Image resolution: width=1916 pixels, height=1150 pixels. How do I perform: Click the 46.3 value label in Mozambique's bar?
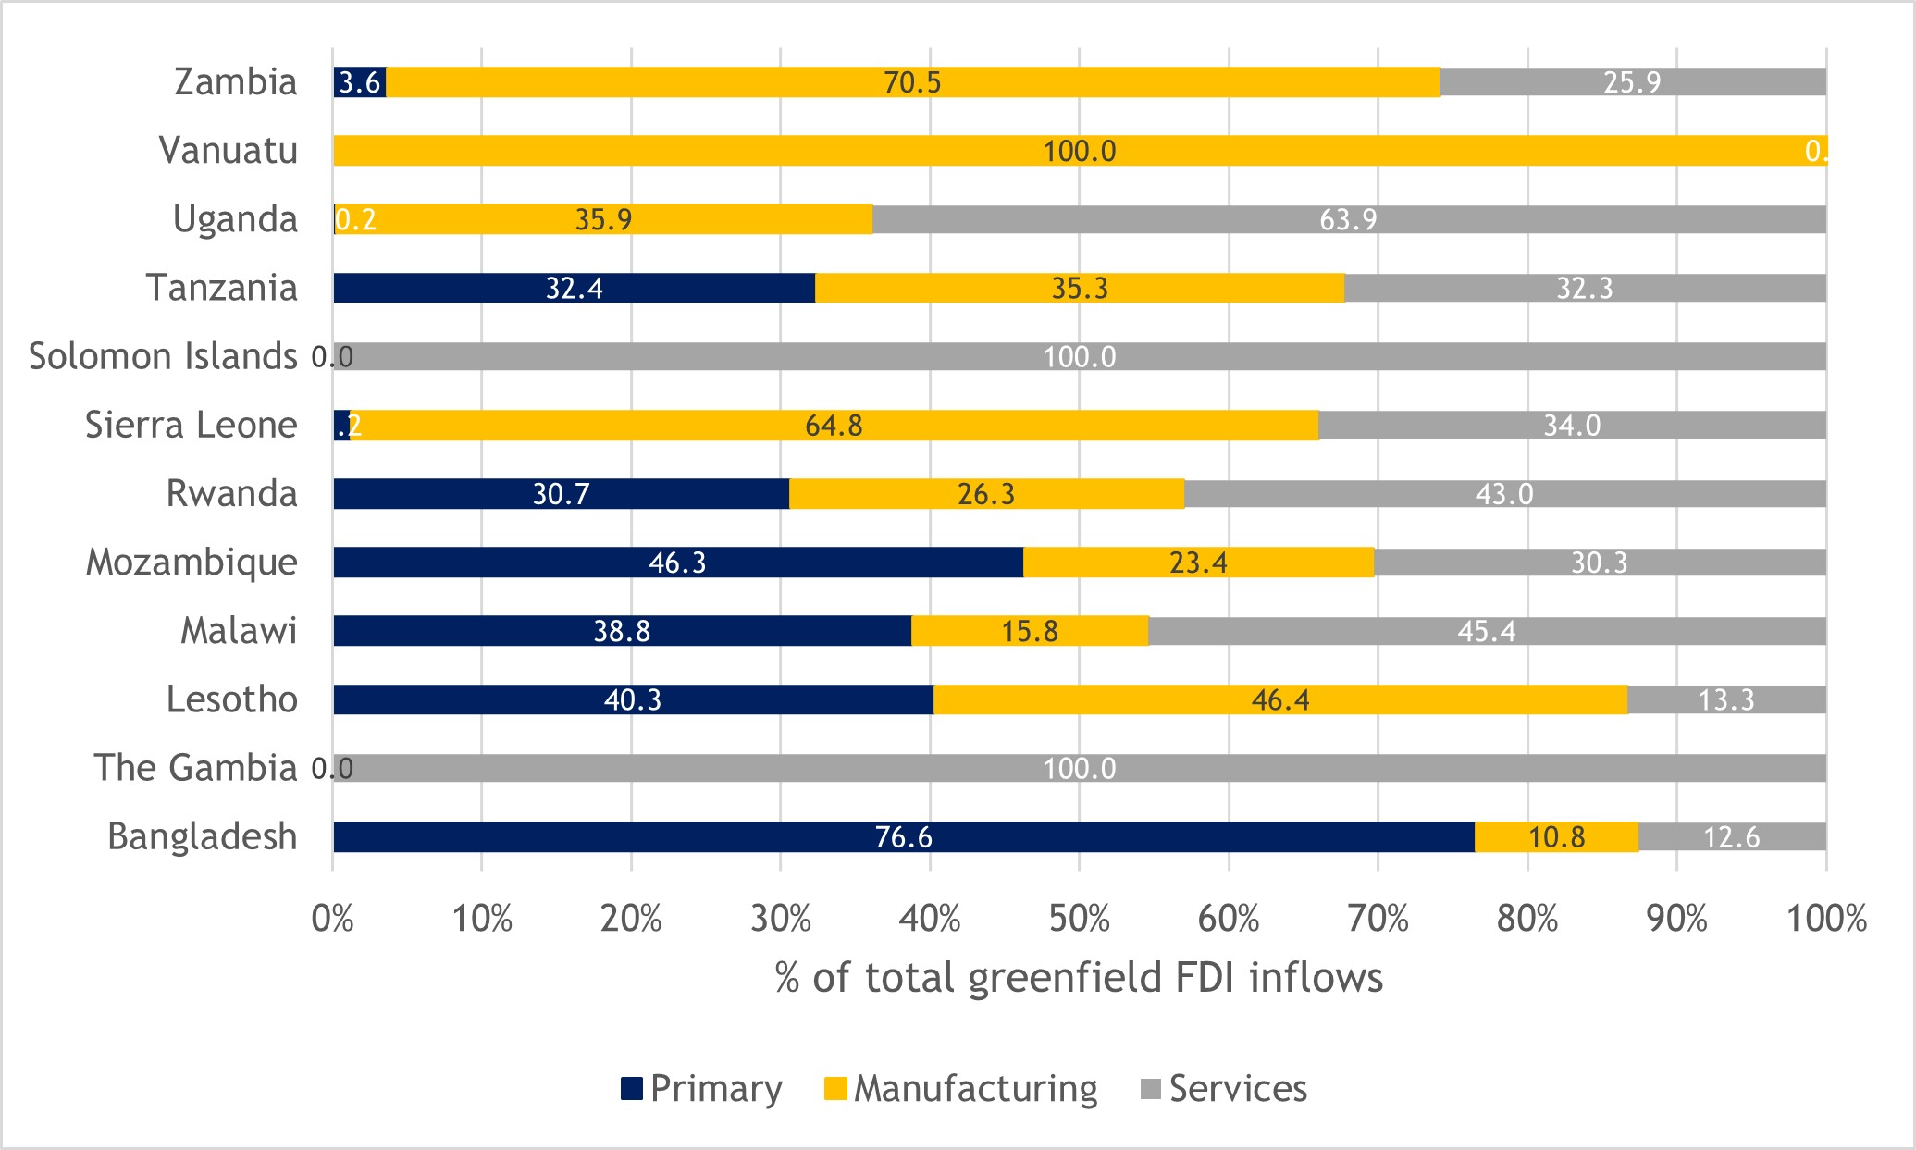677,563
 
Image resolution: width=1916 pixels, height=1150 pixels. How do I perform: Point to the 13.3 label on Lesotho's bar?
1726,699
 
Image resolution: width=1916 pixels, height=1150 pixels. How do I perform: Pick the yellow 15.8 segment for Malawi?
1030,631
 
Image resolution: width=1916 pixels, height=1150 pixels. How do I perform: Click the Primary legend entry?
701,1089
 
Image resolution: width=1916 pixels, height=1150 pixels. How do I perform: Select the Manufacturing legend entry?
960,1089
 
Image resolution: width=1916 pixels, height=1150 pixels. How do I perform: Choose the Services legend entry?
1223,1089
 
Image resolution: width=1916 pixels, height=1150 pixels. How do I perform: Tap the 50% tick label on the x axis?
1079,919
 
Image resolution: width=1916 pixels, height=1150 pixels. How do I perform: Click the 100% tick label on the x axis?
1825,919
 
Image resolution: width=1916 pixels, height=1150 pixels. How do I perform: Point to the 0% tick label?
332,919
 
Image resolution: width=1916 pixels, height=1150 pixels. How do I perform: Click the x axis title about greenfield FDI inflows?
1079,978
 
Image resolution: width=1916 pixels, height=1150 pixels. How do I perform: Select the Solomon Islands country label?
163,356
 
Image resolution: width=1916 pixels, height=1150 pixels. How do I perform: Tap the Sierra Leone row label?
191,425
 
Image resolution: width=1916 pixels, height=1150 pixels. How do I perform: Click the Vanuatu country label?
228,151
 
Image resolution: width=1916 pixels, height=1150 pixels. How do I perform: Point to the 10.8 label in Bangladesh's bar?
1556,837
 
